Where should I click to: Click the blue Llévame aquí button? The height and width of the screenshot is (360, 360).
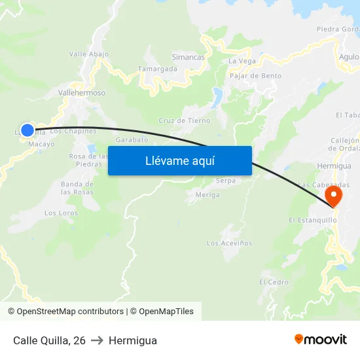[x=179, y=160]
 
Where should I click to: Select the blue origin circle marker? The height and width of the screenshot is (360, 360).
[x=27, y=130]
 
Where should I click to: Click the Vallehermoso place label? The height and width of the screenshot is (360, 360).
[x=82, y=93]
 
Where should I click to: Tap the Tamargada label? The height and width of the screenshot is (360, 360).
[x=158, y=69]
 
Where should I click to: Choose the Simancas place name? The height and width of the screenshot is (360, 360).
[x=188, y=57]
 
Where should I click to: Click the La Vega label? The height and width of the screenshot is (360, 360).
[x=242, y=61]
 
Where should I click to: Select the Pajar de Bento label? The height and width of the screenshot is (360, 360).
[x=256, y=76]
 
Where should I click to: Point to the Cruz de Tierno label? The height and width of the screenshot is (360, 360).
[x=185, y=120]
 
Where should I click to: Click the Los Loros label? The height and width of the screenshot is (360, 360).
[x=61, y=213]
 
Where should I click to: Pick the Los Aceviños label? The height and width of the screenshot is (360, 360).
[x=229, y=243]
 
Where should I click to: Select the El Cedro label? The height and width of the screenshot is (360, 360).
[x=274, y=282]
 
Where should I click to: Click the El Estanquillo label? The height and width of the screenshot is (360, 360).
[x=312, y=221]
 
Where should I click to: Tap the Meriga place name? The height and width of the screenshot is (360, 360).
[x=207, y=194]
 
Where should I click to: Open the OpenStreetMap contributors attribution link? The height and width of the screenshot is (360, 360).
[x=70, y=312]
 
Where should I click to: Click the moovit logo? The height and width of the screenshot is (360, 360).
[x=321, y=340]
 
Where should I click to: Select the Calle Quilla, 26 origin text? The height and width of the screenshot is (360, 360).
[x=49, y=340]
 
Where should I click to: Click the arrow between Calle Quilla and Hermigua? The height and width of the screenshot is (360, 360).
[x=97, y=340]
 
